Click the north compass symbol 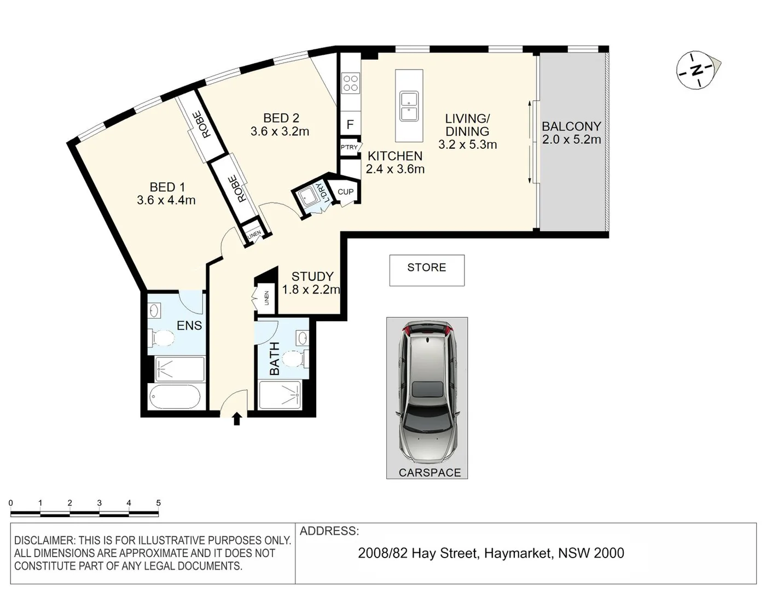tap(696, 70)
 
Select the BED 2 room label tap(281, 118)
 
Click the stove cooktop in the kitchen tap(350, 83)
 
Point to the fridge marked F tap(350, 125)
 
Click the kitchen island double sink tap(408, 106)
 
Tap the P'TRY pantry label tap(349, 147)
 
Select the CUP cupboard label tap(345, 192)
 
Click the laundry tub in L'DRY tap(308, 198)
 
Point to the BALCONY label tap(571, 126)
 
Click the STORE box tap(427, 270)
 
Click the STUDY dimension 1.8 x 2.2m tap(311, 290)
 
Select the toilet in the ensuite tap(161, 338)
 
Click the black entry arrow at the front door tap(236, 419)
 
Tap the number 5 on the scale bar tap(158, 503)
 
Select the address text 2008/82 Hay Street tap(417, 553)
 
